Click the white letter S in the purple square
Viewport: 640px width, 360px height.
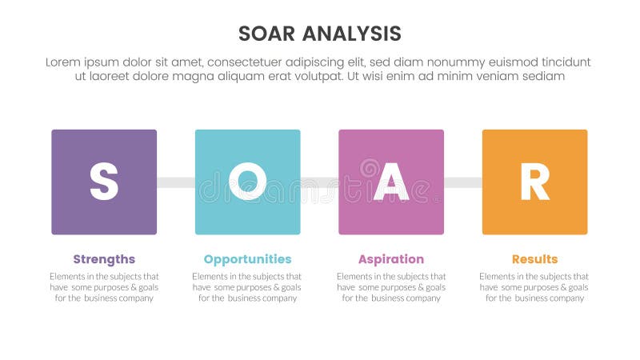104,182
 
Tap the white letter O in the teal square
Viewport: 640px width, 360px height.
247,182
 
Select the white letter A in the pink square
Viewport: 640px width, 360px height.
391,182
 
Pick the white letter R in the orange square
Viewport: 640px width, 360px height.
534,182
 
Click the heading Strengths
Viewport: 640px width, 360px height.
104,259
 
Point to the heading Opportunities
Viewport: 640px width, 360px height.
247,259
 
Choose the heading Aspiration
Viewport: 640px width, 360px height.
391,259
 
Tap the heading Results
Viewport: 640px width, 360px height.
534,259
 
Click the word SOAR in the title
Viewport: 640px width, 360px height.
268,34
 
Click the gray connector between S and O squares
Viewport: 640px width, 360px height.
175,182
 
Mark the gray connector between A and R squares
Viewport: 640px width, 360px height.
462,182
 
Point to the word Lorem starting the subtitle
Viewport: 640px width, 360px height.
64,62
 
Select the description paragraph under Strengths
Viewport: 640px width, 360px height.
104,286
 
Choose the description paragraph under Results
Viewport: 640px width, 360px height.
534,286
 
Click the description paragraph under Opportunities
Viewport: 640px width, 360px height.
247,286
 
